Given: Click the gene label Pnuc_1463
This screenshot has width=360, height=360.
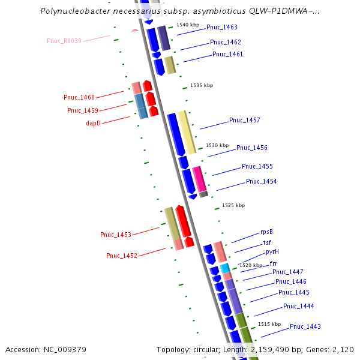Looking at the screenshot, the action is coord(221,27).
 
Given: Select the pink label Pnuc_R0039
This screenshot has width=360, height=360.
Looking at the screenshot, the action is coord(64,41).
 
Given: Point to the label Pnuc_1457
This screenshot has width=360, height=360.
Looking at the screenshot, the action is coord(244,120).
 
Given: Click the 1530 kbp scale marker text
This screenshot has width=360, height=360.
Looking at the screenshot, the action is coord(217,145).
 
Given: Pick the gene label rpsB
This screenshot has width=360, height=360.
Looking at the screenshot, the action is coord(266,232).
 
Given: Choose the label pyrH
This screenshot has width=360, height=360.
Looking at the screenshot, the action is coord(272,251).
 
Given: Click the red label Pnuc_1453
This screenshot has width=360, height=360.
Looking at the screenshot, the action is coord(116,234).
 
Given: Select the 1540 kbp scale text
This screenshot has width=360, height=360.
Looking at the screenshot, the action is coord(187,25).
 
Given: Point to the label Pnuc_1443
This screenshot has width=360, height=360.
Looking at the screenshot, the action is coord(305,326).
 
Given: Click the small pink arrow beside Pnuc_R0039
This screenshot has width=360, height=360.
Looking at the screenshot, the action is coord(134,30).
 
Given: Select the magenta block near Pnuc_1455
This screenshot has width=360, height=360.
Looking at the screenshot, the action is coord(199,178).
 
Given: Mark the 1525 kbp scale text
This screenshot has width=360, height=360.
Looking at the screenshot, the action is coord(233,205).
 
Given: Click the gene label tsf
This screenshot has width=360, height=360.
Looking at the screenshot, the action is coord(267,242).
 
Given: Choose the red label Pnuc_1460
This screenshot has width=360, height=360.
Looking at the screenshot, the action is coord(79,97).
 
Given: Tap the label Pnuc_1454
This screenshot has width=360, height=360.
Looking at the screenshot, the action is coord(261,181).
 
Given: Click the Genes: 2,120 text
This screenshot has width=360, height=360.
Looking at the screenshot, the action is coord(333,349).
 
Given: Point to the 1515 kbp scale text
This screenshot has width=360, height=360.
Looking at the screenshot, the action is coord(269,324).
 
